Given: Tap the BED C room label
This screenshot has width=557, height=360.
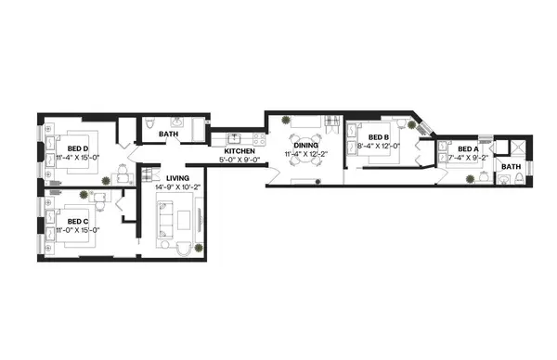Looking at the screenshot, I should coord(77,221).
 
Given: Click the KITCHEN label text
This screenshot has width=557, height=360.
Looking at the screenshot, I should coord(240,150).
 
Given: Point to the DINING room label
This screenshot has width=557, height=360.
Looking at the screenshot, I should coord(305,145).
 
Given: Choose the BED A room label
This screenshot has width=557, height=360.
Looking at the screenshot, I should coord(463,148).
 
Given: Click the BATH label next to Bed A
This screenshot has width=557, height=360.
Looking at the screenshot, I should coord(511,167).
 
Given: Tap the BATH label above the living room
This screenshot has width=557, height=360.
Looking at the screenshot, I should coord(168,135).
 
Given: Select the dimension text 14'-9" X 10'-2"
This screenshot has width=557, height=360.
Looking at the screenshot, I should coord(177,186).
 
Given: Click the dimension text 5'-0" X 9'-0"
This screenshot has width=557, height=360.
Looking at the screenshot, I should coord(240,160).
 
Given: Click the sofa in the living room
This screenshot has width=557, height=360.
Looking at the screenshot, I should coord(162,219).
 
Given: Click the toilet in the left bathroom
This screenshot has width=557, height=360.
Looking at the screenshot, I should coord(150,123).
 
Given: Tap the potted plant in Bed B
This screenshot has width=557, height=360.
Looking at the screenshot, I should coord(414,122).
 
